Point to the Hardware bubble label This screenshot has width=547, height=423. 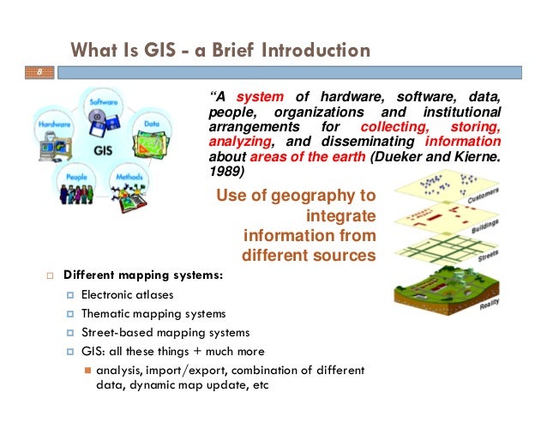53,124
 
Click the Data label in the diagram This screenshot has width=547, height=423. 153,124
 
